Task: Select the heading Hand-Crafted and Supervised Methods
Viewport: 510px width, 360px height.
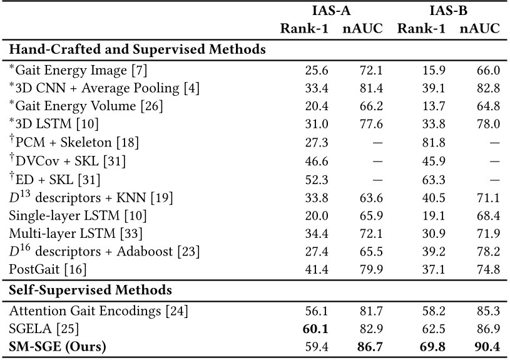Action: pos(137,49)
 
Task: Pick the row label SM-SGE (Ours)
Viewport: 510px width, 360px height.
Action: pos(58,346)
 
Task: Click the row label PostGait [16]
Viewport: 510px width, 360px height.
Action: pos(47,270)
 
